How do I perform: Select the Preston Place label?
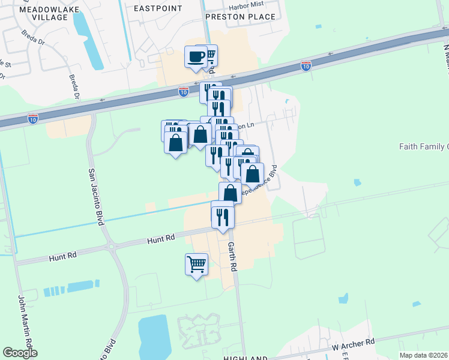coord(241,17)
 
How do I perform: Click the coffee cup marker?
coord(196,57)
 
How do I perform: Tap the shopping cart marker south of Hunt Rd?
coord(196,264)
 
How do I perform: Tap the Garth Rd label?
coord(232,257)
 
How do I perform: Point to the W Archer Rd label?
coord(354,344)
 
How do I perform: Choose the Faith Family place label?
coord(424,146)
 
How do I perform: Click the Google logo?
coord(20,353)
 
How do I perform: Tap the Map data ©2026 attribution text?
coord(424,355)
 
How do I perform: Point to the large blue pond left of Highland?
coord(154,336)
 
